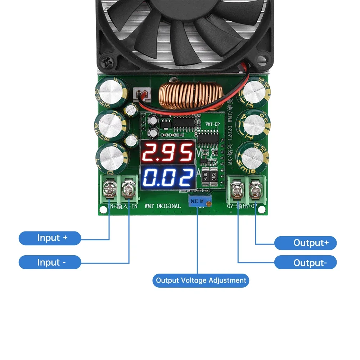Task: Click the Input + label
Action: pyautogui.click(x=50, y=238)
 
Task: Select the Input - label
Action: pyautogui.click(x=50, y=262)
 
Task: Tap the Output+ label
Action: pyautogui.click(x=305, y=243)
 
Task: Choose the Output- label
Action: pyautogui.click(x=305, y=263)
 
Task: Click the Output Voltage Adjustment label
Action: pyautogui.click(x=201, y=280)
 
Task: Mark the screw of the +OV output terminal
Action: pyautogui.click(x=255, y=189)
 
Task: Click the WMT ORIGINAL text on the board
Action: pyautogui.click(x=162, y=206)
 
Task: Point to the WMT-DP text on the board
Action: pyautogui.click(x=212, y=124)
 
